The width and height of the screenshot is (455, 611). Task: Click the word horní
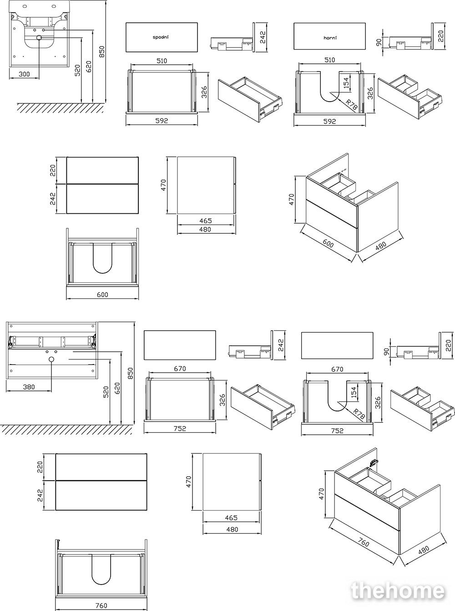coord(329,38)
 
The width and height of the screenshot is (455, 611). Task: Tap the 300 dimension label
coord(25,73)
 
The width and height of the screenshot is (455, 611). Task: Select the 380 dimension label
coord(29,387)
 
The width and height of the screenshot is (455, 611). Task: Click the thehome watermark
coord(398,591)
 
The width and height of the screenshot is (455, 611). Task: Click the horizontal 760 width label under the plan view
coord(101,606)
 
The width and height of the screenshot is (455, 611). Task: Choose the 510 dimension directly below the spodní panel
coord(162,60)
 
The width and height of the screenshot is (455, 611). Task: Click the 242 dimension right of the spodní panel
coord(262,36)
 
